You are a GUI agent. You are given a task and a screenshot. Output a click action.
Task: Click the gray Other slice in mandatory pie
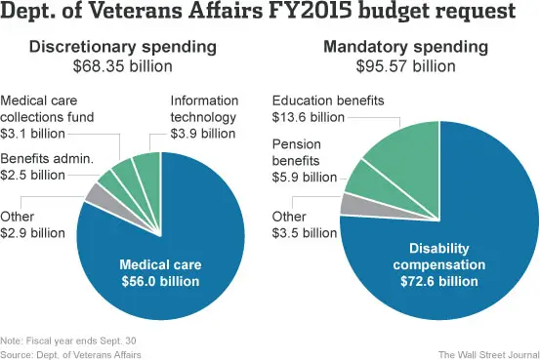(350, 203)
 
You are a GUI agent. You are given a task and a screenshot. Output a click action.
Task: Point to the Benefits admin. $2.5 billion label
(47, 167)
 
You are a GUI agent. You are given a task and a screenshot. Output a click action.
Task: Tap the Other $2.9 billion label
(32, 224)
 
